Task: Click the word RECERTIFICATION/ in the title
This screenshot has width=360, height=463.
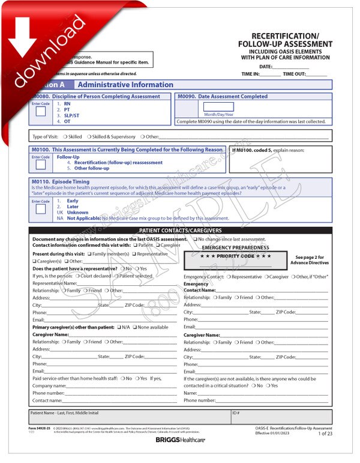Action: [x=285, y=36]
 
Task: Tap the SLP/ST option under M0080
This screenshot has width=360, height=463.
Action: [x=71, y=115]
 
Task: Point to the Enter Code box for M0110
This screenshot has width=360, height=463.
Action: [x=40, y=209]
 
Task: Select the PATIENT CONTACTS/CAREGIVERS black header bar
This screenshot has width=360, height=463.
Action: [x=180, y=231]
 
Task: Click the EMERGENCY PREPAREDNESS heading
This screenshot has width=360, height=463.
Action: [x=235, y=247]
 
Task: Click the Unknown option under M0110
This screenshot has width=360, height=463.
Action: [x=77, y=213]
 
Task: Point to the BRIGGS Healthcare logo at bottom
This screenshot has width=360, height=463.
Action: [x=180, y=440]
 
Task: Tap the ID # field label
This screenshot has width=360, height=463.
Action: [x=236, y=413]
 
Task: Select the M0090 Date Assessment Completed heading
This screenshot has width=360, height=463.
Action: [x=223, y=96]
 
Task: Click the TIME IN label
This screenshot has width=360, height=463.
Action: [x=250, y=74]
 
